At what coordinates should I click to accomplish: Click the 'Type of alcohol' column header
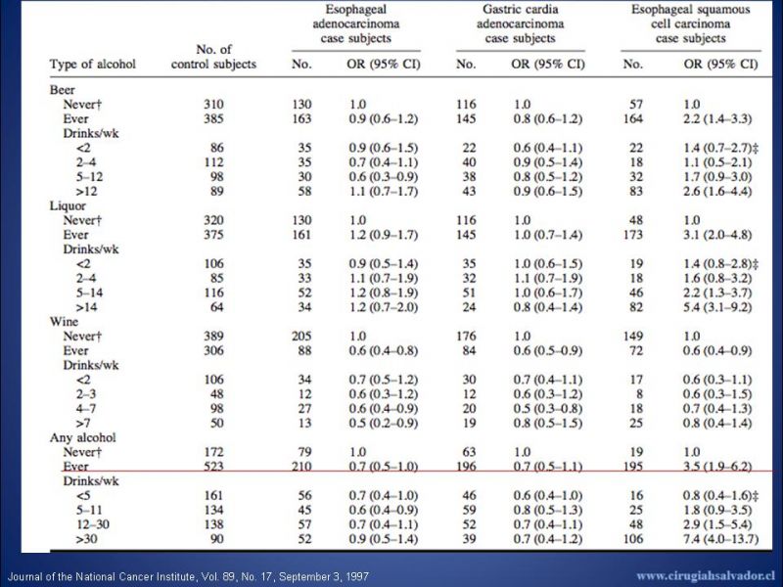[x=92, y=65]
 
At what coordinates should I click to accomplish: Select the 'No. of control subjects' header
[x=213, y=57]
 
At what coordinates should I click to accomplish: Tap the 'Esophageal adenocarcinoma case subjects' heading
[x=356, y=23]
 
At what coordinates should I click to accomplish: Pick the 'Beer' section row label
[x=62, y=90]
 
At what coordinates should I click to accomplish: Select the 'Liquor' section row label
[x=68, y=206]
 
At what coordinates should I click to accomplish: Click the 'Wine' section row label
[x=64, y=322]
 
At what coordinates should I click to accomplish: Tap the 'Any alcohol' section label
[x=82, y=437]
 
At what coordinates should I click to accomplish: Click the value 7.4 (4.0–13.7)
[x=721, y=539]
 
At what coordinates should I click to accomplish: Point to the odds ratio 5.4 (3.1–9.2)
[x=717, y=307]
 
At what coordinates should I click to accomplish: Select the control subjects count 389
[x=213, y=337]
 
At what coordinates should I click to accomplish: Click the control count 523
[x=213, y=467]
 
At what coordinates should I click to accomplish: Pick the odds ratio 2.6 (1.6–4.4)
[x=717, y=192]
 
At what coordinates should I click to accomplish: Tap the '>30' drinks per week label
[x=86, y=539]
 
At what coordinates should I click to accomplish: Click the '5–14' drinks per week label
[x=90, y=293]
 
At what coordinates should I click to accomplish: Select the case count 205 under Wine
[x=301, y=337]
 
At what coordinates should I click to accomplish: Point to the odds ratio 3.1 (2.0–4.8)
[x=717, y=235]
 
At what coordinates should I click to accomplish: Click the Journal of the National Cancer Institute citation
[x=188, y=577]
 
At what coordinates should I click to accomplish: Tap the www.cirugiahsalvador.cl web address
[x=706, y=576]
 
